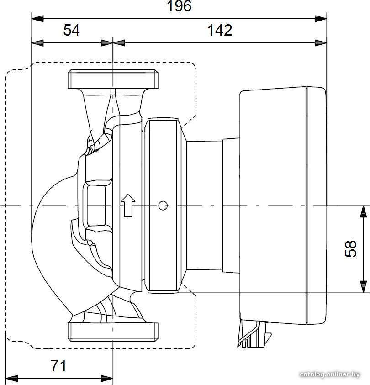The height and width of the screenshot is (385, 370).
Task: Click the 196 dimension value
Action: pos(179,6)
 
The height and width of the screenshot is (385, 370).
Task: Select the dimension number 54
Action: pos(71,31)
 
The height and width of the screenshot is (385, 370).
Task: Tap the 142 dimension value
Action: pos(220,31)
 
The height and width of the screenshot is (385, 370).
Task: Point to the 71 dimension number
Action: pos(58,366)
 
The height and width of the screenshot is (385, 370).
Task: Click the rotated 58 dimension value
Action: pos(351,249)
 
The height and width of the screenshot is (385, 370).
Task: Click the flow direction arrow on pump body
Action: pos(128,206)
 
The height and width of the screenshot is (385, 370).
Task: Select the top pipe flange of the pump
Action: pos(113,79)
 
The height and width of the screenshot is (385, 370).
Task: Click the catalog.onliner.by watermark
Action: pos(330,374)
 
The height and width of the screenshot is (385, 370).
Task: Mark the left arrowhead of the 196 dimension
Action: pos(37,19)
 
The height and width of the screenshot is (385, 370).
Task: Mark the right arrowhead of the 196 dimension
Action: pos(321,19)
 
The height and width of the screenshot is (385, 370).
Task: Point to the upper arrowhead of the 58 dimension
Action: pos(363,211)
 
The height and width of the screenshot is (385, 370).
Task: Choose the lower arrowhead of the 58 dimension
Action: pos(363,287)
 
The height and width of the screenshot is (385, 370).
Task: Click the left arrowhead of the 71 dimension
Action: pos(11,378)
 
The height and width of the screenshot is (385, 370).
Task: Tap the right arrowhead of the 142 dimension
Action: pos(321,43)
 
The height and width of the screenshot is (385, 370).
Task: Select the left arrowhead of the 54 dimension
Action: pos(37,43)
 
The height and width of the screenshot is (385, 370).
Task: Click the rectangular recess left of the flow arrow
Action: pos(96,205)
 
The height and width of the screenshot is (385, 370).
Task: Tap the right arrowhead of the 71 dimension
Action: pos(107,378)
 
